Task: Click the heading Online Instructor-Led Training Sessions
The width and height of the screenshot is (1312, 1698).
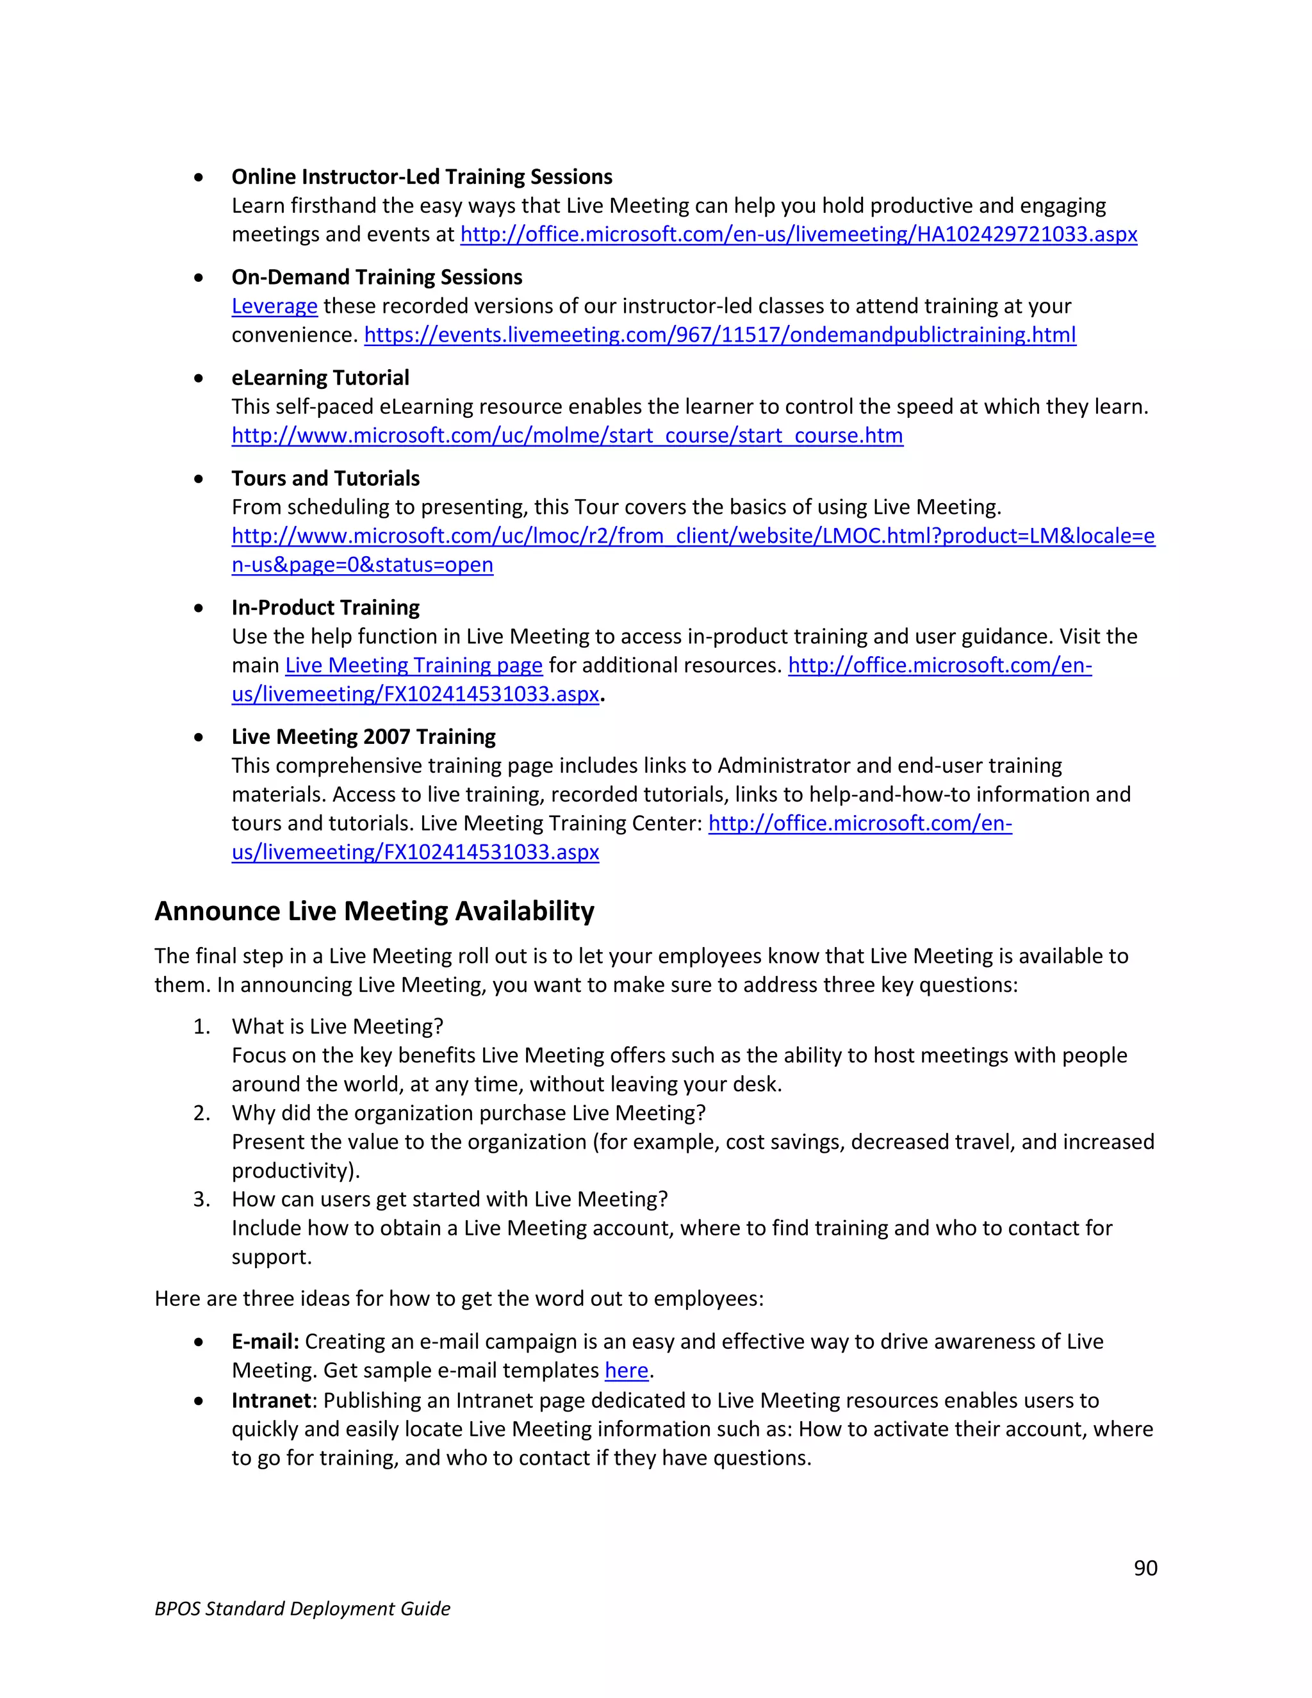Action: point(422,177)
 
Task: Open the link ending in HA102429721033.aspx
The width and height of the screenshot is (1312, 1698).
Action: point(798,234)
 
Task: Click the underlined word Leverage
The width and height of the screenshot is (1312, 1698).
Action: point(274,306)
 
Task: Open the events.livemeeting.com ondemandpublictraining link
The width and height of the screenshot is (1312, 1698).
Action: point(719,335)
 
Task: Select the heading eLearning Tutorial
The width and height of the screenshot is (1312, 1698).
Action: point(320,378)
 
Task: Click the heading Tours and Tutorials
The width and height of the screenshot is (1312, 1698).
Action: point(325,478)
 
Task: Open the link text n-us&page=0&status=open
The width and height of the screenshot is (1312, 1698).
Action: point(362,565)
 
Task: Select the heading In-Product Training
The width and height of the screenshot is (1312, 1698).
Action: point(325,607)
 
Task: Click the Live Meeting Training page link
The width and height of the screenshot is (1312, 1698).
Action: point(413,666)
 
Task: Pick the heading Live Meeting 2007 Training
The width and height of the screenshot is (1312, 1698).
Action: point(363,736)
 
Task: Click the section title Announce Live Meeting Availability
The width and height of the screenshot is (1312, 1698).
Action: point(374,911)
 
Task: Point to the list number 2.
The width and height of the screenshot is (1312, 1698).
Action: point(201,1114)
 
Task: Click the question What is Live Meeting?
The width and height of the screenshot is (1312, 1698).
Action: point(338,1027)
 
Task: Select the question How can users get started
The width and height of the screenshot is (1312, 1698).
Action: point(449,1199)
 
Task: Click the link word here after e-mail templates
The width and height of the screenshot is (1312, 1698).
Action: point(626,1371)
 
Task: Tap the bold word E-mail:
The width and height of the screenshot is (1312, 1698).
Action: point(265,1342)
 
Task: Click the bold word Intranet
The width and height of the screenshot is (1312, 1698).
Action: point(271,1401)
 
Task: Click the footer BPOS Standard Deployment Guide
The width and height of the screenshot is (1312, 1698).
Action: point(302,1608)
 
